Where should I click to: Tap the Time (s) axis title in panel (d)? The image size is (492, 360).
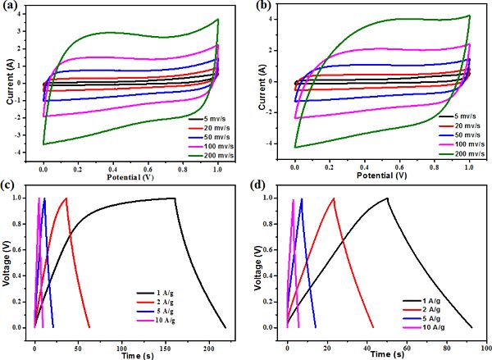[x=381, y=355]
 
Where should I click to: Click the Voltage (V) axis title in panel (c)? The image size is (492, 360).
[x=9, y=262]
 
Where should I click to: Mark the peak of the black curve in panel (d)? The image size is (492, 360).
[x=387, y=198]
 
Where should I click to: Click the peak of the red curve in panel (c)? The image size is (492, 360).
[x=66, y=198]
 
